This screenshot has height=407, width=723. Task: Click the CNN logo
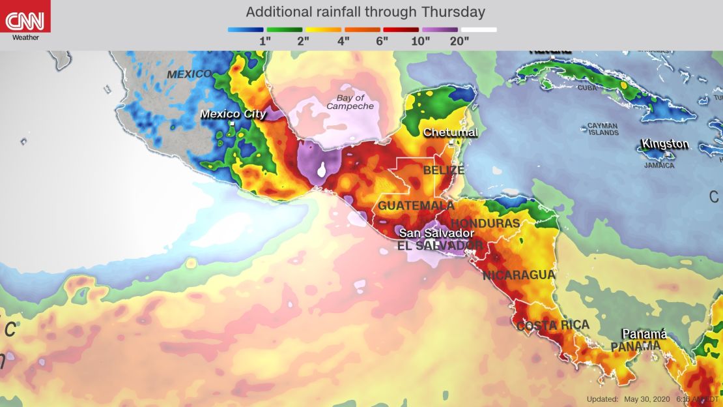click(x=25, y=19)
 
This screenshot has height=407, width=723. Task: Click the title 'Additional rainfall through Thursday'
click(x=365, y=12)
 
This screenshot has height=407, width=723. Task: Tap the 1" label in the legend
click(x=265, y=40)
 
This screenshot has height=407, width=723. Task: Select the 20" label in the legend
click(x=459, y=40)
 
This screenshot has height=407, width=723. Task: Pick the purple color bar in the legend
click(x=440, y=29)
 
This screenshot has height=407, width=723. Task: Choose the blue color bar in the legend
click(x=246, y=29)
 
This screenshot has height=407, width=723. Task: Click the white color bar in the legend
click(x=479, y=29)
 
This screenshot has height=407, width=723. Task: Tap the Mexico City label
click(x=233, y=114)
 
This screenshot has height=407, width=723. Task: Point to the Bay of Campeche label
click(x=350, y=102)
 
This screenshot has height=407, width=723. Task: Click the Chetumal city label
click(x=451, y=132)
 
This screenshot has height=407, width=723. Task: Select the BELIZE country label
click(x=444, y=170)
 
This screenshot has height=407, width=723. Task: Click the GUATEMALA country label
click(x=406, y=205)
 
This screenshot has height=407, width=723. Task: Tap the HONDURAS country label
click(x=485, y=223)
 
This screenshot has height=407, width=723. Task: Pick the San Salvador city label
click(x=436, y=233)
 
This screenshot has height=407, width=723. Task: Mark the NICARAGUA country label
click(x=518, y=275)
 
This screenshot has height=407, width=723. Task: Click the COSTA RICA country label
click(x=553, y=325)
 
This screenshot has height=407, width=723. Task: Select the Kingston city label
click(x=664, y=143)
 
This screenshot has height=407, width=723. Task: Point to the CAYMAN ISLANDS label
click(x=602, y=128)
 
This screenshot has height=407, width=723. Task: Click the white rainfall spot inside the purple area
click(x=321, y=172)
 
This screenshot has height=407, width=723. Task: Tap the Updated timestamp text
click(x=651, y=399)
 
